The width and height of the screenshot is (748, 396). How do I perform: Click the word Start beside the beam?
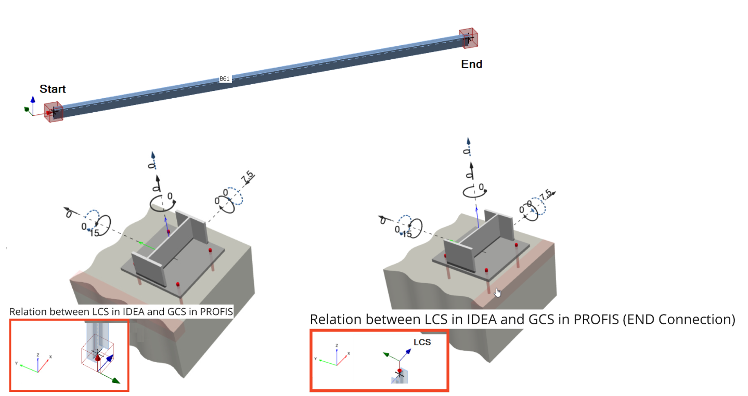(x=53, y=89)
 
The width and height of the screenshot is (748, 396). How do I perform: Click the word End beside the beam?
(x=471, y=64)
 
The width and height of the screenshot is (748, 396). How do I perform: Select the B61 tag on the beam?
(x=224, y=78)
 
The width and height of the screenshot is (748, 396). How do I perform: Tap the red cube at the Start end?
(x=54, y=111)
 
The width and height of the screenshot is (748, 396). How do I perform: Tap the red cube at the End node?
(x=468, y=38)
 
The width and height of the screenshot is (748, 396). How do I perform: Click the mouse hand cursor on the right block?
(x=497, y=293)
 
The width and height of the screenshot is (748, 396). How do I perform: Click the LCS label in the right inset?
(x=422, y=342)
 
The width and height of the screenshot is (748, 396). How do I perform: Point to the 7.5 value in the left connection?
(x=247, y=177)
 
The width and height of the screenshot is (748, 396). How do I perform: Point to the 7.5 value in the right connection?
(x=545, y=196)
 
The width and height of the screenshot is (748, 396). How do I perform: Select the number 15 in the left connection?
(x=94, y=233)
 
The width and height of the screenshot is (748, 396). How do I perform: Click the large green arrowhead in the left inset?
(x=115, y=380)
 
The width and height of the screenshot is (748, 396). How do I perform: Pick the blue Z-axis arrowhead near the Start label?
(x=33, y=99)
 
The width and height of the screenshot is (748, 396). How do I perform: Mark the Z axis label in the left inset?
(x=38, y=354)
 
